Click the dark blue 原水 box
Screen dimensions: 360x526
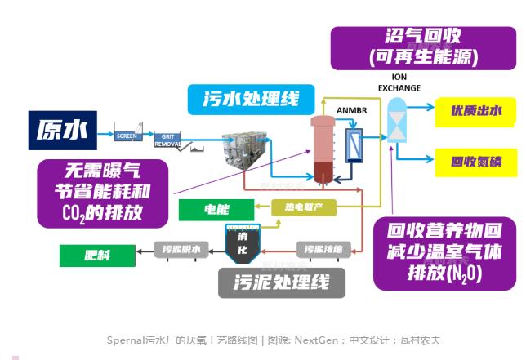click(61, 129)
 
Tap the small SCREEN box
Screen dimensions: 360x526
click(127, 135)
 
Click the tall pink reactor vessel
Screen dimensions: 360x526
click(319, 147)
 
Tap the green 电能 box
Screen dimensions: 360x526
click(217, 210)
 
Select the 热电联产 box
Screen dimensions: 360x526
click(304, 207)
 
